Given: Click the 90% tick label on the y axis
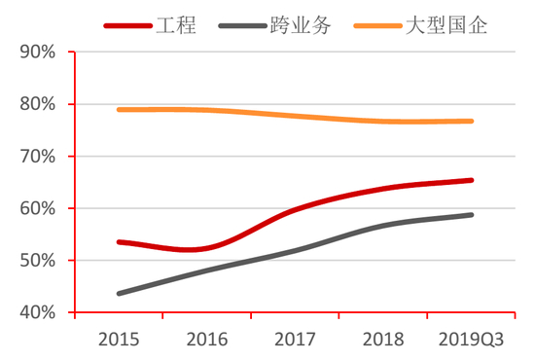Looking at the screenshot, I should coord(35,52).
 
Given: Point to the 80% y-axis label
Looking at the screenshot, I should coord(35,104).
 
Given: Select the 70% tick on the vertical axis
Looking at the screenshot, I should coord(35,157).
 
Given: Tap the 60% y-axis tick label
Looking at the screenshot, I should coord(35,208).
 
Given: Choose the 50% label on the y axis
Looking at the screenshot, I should coord(35,261).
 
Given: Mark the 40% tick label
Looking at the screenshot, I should coord(35,312).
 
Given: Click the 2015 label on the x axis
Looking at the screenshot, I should coord(119,340).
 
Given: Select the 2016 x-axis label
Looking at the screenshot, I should coord(207,340).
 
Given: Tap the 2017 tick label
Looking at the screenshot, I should coord(296,340).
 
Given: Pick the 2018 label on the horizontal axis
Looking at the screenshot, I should coord(383,340).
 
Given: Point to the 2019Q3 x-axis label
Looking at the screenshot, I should coord(471,340).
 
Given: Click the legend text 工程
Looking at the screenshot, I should coord(176,25).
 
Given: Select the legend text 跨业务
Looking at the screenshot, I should coord(302,25).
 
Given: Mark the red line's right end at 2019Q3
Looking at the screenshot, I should coord(472,180).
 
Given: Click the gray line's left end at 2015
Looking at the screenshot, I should coord(119,293).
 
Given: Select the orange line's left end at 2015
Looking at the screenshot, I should coord(119,110).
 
